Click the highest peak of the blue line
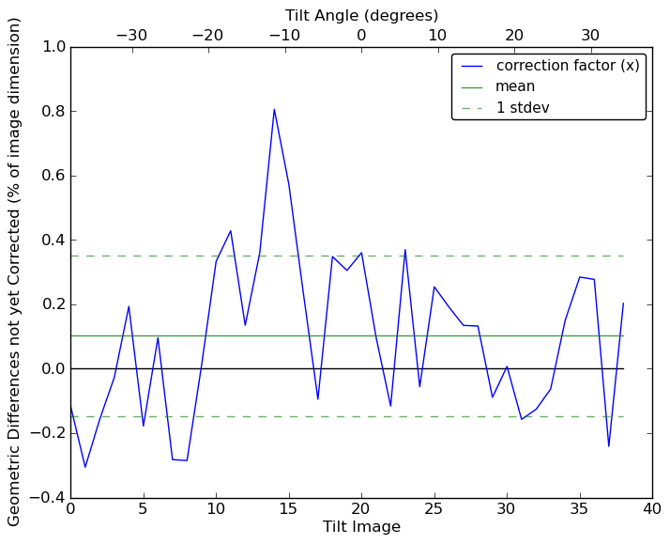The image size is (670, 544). point(274,109)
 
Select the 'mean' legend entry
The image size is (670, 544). point(515,86)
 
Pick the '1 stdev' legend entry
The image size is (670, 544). point(523,107)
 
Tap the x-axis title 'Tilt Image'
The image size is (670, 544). point(361,527)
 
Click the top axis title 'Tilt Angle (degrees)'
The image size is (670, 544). point(361,15)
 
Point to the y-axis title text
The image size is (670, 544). point(15,272)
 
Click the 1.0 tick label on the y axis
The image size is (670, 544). point(53,47)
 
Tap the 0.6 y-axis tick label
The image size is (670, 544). point(53,176)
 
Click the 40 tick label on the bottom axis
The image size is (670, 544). point(652,510)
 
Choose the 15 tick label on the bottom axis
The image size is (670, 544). point(288,510)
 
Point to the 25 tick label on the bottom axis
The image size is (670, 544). point(434,510)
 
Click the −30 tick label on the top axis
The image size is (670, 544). point(131,36)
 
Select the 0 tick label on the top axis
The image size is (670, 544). point(361,36)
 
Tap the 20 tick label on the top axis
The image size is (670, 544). point(514,36)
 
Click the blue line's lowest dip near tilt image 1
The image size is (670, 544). point(85,467)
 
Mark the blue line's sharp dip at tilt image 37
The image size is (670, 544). point(608,446)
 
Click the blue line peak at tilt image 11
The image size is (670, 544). point(230,230)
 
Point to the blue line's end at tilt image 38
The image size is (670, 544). point(623,303)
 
